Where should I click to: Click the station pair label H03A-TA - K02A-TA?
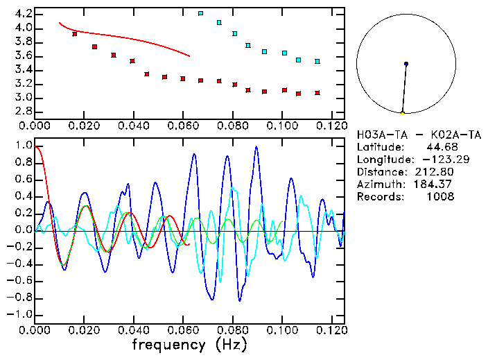coord(419,135)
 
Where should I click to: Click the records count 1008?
coord(440,197)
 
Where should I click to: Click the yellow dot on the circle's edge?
coord(402,113)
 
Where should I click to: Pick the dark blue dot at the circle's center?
coord(406,64)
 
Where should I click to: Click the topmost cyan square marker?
coord(200,13)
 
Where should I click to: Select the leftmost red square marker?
coord(75,34)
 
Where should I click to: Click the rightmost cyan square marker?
coord(317,62)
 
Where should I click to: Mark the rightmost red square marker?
coord(317,92)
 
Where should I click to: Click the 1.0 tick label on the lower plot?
coord(22,146)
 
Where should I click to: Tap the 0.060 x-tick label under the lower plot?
coord(183,330)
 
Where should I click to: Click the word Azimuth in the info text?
coord(377,185)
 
